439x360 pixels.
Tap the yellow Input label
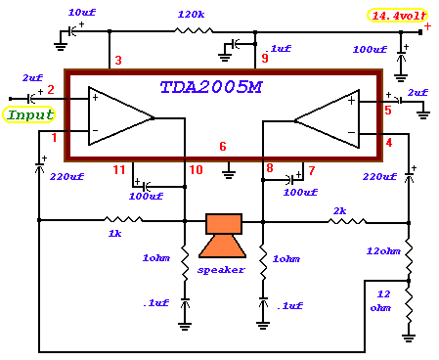pyautogui.click(x=29, y=114)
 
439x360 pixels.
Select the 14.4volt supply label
pyautogui.click(x=396, y=16)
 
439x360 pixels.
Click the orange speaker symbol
pyautogui.click(x=223, y=237)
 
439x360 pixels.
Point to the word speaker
pyautogui.click(x=221, y=269)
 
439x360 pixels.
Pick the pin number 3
pyautogui.click(x=117, y=62)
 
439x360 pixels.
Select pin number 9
pyautogui.click(x=264, y=58)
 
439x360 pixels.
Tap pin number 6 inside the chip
pyautogui.click(x=223, y=147)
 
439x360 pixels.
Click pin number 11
pyautogui.click(x=119, y=170)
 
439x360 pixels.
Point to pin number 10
pyautogui.click(x=196, y=170)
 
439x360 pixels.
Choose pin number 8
pyautogui.click(x=270, y=169)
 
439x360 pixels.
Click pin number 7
pyautogui.click(x=311, y=170)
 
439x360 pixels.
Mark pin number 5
pyautogui.click(x=388, y=111)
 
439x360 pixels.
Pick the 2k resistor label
pyautogui.click(x=339, y=210)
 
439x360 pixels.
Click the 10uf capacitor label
pyautogui.click(x=82, y=11)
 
